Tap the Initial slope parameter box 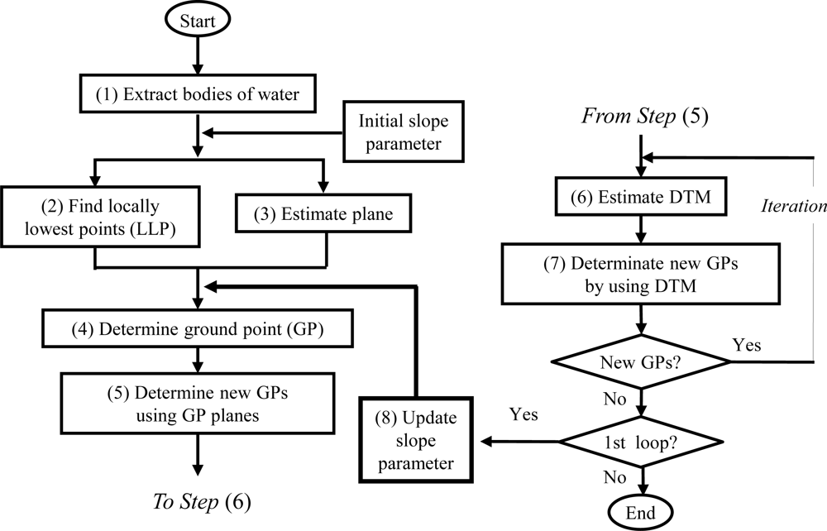coord(403,132)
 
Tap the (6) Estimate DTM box coord(640,199)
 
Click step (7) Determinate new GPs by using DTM coord(640,274)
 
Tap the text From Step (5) coord(639,116)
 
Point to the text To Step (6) coord(201,502)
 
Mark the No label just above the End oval coord(615,477)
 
